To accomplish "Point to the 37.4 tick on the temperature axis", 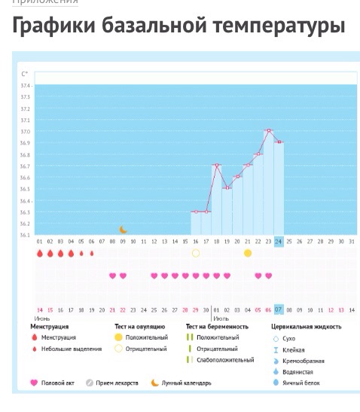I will click(x=25, y=85).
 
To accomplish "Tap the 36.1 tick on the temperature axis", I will click(x=25, y=235).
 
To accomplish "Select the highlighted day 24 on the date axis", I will click(x=279, y=242).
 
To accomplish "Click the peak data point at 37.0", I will click(x=269, y=131).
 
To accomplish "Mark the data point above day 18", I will click(x=217, y=165).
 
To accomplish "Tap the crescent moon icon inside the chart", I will click(x=124, y=230).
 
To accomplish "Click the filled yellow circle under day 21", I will click(x=248, y=253).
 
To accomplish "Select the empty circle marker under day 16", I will click(x=196, y=253).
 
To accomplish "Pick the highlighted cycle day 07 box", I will click(x=279, y=310).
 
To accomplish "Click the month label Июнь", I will click(x=42, y=318).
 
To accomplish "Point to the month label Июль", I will click(x=218, y=318).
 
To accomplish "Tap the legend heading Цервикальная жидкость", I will click(x=306, y=327).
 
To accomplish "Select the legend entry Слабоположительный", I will click(x=224, y=360).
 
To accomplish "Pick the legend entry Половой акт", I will click(x=57, y=383).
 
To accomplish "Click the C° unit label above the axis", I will click(x=25, y=74).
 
